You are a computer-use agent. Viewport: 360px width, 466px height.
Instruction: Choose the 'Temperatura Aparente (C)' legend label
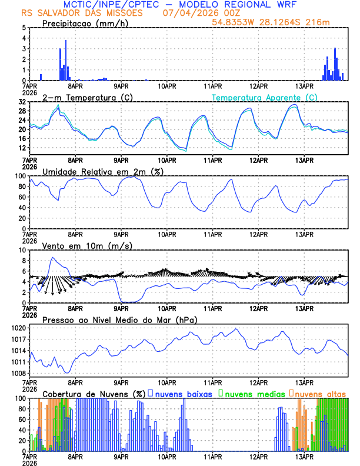click(265, 97)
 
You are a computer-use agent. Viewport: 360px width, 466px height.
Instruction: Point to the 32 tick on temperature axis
click(21, 102)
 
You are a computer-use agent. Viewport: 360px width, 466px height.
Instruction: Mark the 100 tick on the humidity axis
click(19, 176)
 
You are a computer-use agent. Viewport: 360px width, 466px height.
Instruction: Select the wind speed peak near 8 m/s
click(53, 258)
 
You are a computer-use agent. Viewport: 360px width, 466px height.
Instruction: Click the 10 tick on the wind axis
click(21, 250)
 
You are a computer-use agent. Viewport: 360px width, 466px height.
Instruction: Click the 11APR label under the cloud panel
click(213, 456)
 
